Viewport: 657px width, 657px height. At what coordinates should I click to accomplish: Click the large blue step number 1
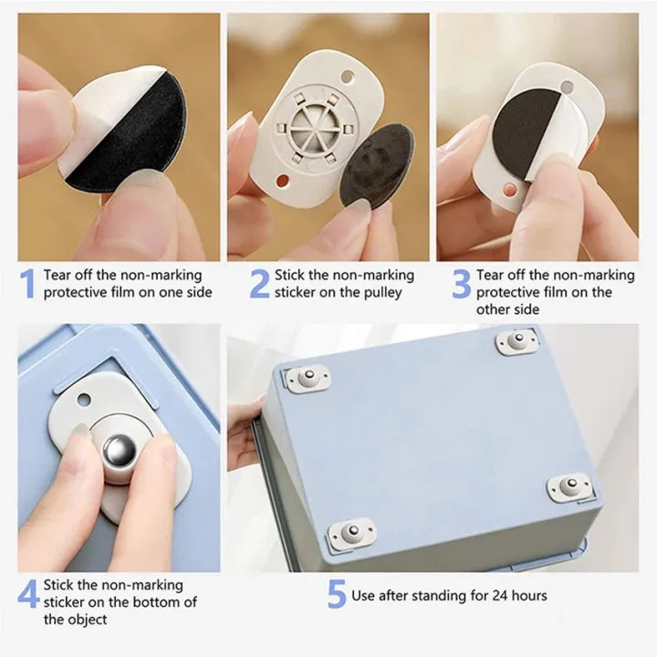26,284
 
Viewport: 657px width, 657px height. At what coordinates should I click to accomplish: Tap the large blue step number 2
260,284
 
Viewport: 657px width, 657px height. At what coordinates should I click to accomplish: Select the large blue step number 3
462,284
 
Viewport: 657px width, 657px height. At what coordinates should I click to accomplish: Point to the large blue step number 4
28,594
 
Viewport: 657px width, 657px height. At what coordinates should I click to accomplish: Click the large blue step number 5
336,595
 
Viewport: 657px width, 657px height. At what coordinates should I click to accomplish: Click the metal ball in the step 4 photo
120,452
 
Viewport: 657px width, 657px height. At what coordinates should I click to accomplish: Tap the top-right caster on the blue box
517,341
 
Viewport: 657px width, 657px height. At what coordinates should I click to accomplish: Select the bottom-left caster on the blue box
351,532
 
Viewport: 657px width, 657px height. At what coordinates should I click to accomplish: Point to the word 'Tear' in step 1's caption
56,275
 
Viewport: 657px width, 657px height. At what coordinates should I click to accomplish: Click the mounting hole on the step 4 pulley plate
84,399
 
